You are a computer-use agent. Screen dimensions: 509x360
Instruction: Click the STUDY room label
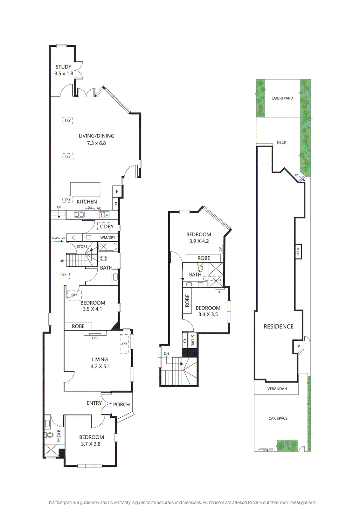pos(63,67)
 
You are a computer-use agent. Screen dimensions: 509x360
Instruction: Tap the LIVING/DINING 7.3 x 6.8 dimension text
pos(96,143)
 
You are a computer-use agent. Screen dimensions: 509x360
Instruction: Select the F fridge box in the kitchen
pos(117,192)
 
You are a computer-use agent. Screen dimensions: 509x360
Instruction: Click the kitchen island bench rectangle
pos(85,189)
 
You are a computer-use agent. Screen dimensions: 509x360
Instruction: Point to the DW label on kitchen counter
pos(90,208)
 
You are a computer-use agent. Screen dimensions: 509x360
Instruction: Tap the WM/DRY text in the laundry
pos(108,237)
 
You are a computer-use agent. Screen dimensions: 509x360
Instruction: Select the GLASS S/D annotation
pos(59,238)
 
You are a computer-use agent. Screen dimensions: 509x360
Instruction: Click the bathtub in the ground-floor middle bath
pos(107,247)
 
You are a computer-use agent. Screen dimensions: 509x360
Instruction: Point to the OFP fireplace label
pos(95,338)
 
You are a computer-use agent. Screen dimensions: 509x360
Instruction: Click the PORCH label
pos(121,404)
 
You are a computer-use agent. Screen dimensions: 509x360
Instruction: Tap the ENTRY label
pos(94,403)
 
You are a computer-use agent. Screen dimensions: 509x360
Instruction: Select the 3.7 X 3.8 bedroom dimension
pos(91,444)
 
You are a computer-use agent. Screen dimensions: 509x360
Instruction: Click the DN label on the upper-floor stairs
pos(166,353)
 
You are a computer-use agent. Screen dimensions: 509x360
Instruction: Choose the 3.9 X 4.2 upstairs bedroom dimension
pos(199,241)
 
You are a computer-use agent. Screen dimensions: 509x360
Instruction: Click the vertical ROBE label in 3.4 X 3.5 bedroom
pos(187,301)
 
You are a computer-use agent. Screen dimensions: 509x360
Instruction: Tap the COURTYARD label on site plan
pos(282,98)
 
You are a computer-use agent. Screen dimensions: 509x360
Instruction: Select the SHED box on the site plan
pos(298,252)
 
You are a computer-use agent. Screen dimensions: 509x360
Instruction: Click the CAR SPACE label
pos(278,418)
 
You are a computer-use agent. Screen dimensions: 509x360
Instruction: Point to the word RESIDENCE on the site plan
pos(278,326)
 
